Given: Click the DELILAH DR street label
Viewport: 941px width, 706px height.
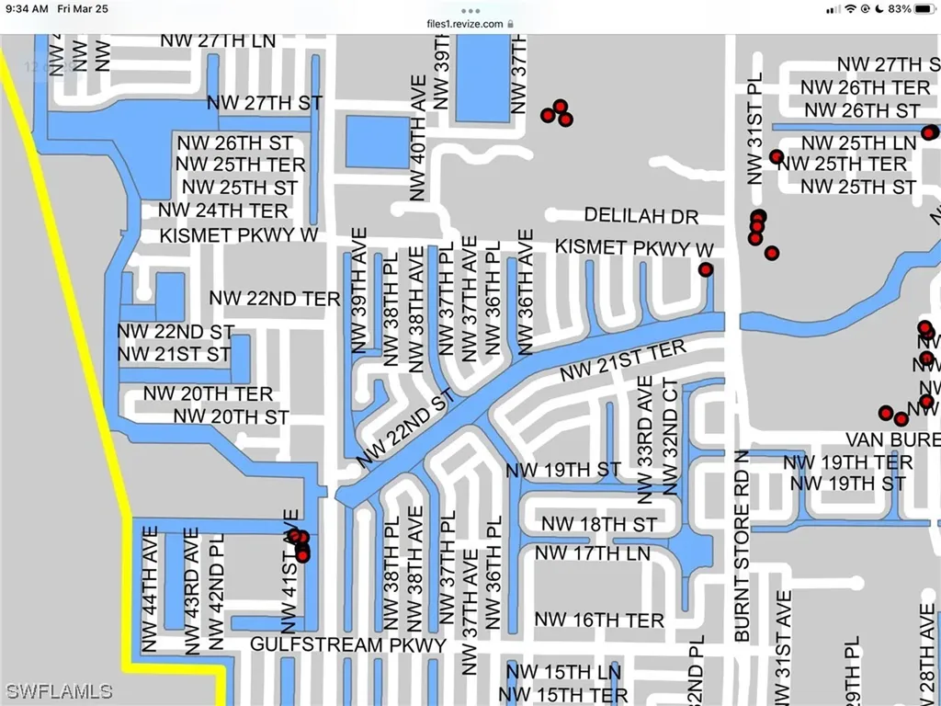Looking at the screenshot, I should tap(641, 216).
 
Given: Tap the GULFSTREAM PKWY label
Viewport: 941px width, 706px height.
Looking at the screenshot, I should tap(348, 644).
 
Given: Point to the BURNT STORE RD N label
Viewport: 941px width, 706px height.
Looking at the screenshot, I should tap(743, 547).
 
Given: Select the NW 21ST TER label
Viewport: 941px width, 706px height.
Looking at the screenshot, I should tap(623, 361).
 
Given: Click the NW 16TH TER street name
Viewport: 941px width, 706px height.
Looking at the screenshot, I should tap(599, 621).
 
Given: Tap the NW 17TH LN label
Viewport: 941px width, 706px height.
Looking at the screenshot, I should tap(592, 553).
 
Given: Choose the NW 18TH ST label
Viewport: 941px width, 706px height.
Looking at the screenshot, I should tap(598, 524).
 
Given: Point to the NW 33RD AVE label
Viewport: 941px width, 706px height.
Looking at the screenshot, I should tap(645, 439).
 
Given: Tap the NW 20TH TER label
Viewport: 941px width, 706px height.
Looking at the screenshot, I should tap(208, 394).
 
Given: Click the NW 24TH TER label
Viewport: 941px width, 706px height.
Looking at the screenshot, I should tap(223, 211).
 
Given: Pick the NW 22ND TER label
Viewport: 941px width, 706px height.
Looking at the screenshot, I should tap(275, 298).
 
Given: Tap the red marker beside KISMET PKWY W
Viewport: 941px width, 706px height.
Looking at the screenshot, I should tap(706, 269).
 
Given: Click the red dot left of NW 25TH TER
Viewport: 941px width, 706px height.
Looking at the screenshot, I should tap(777, 157).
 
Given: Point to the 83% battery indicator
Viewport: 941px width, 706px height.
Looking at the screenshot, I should tap(901, 8).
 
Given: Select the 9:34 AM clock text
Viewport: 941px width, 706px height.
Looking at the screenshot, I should tap(31, 8).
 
